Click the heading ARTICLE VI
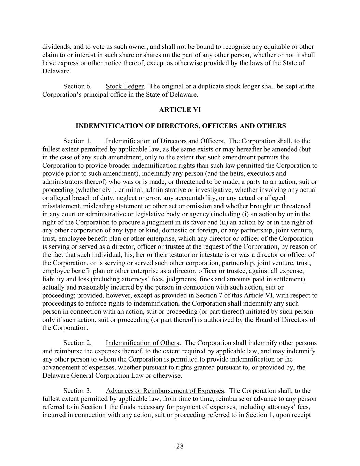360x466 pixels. pos(180,110)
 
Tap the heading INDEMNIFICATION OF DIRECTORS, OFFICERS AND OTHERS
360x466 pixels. pos(181,126)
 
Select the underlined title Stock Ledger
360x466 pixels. pos(125,86)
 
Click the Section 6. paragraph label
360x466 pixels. pos(77,86)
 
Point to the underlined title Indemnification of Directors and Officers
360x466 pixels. pos(164,141)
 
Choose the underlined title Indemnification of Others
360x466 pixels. pos(142,343)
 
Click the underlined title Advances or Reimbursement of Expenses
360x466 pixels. pos(164,391)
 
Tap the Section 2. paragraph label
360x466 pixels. pos(77,343)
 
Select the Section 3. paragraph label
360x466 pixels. pos(77,391)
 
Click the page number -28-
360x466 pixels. pos(180,447)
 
